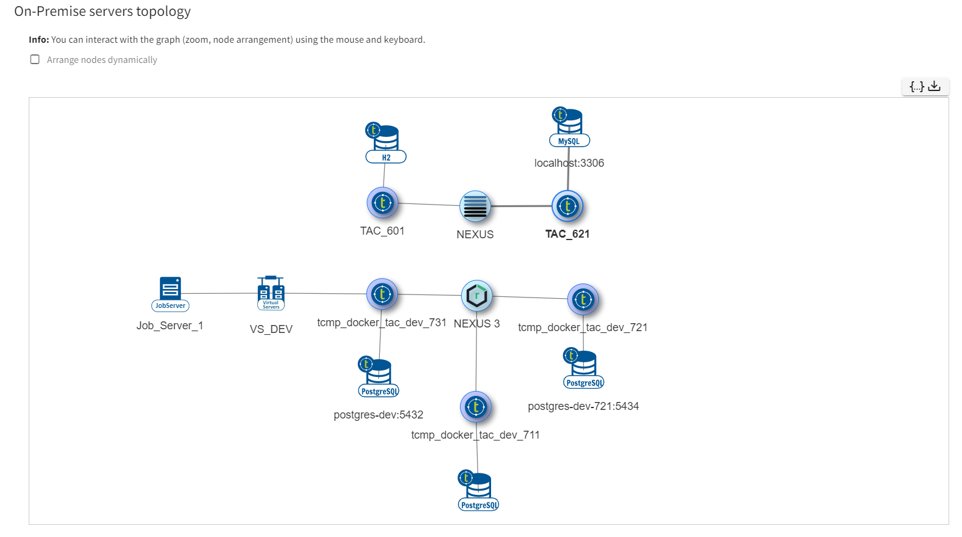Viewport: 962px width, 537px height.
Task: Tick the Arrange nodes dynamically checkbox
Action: [x=35, y=59]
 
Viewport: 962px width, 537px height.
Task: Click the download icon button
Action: [x=934, y=86]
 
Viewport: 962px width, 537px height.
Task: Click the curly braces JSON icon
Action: [x=916, y=86]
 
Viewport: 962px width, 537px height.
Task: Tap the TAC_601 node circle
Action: [x=382, y=203]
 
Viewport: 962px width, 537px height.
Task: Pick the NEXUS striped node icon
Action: [x=475, y=206]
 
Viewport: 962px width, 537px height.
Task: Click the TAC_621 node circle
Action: [x=567, y=206]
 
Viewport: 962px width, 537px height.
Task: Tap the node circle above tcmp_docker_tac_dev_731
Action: [x=382, y=294]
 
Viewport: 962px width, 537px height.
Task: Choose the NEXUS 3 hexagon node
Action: [x=476, y=296]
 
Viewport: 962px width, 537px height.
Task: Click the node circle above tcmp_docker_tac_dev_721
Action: [x=583, y=299]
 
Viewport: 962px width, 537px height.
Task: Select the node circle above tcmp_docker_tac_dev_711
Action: [x=476, y=407]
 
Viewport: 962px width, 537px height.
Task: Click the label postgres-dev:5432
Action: [x=378, y=415]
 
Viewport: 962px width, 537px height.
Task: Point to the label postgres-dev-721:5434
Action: [x=583, y=406]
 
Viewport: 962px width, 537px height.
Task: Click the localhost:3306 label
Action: [x=569, y=163]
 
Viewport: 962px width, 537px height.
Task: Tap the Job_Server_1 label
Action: [x=170, y=326]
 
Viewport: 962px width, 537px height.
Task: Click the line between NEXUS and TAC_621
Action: [x=522, y=206]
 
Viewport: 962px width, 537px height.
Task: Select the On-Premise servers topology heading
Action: [x=103, y=12]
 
